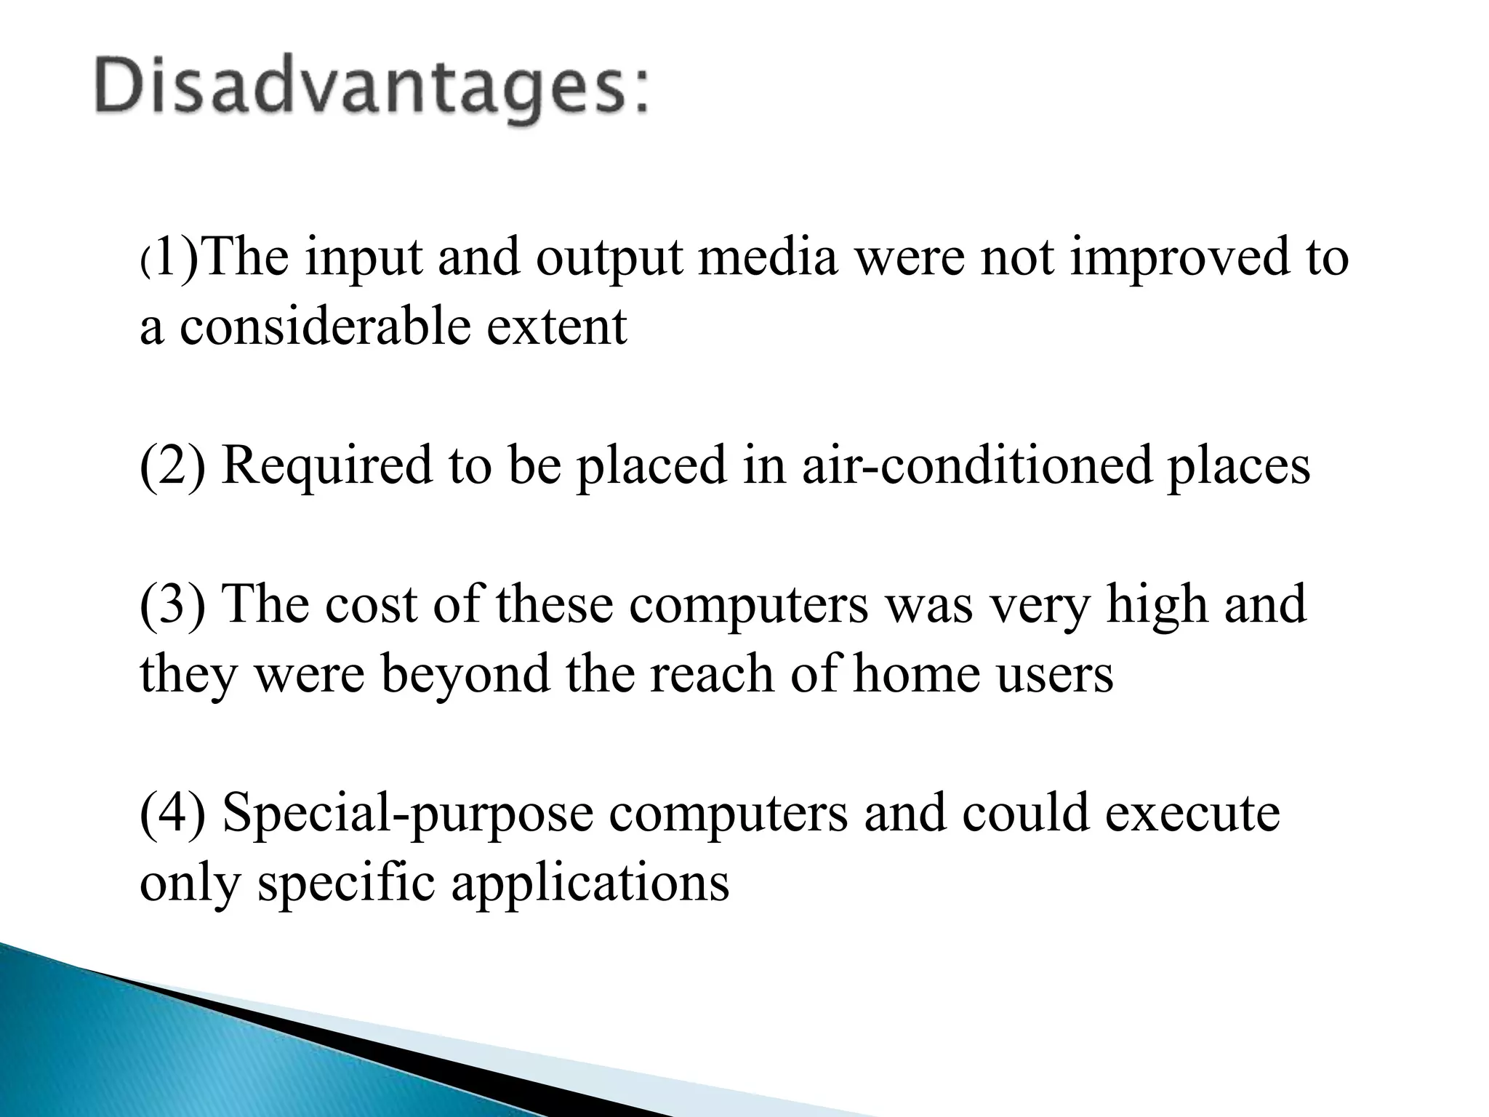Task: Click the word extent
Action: coord(556,327)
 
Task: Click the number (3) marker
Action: coord(172,604)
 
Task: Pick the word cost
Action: coord(372,604)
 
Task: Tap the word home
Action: coord(916,674)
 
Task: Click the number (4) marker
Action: coord(172,814)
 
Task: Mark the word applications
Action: coord(590,884)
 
